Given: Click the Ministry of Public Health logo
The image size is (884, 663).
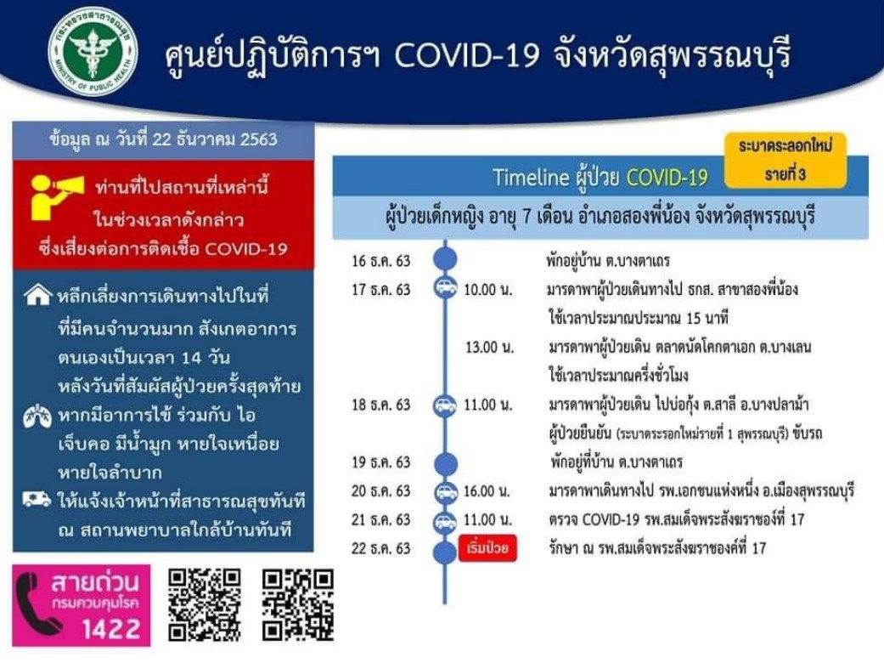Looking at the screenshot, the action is pos(93,52).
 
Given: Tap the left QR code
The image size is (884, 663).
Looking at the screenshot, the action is pos(206,604).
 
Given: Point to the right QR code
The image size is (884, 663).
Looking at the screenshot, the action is pos(298,604).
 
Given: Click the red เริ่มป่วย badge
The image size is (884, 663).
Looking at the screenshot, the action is pos(487,548).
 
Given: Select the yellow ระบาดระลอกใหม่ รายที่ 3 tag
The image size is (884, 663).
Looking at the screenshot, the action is pos(785,161).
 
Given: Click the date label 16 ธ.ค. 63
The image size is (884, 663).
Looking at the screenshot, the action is pos(381,261).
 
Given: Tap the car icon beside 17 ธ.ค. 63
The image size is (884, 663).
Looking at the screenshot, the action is pos(445,288).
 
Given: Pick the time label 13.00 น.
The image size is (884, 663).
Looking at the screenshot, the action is pos(489,347).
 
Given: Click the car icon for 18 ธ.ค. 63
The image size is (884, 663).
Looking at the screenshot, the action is pos(445,405).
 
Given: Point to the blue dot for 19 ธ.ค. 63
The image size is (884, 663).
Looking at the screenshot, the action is pos(445,464).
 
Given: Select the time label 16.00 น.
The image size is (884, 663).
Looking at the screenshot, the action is pos(487,491).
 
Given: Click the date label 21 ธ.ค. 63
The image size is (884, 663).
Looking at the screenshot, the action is pos(381,519).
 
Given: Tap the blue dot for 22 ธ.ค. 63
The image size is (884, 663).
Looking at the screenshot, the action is pos(445,552).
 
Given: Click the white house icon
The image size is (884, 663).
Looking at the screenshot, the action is pos(37,294).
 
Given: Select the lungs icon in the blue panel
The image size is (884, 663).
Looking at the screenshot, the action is pos(37,416).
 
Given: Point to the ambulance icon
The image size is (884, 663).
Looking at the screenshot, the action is pos(37,499).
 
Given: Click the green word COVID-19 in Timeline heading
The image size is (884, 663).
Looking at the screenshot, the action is pos(667,178).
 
